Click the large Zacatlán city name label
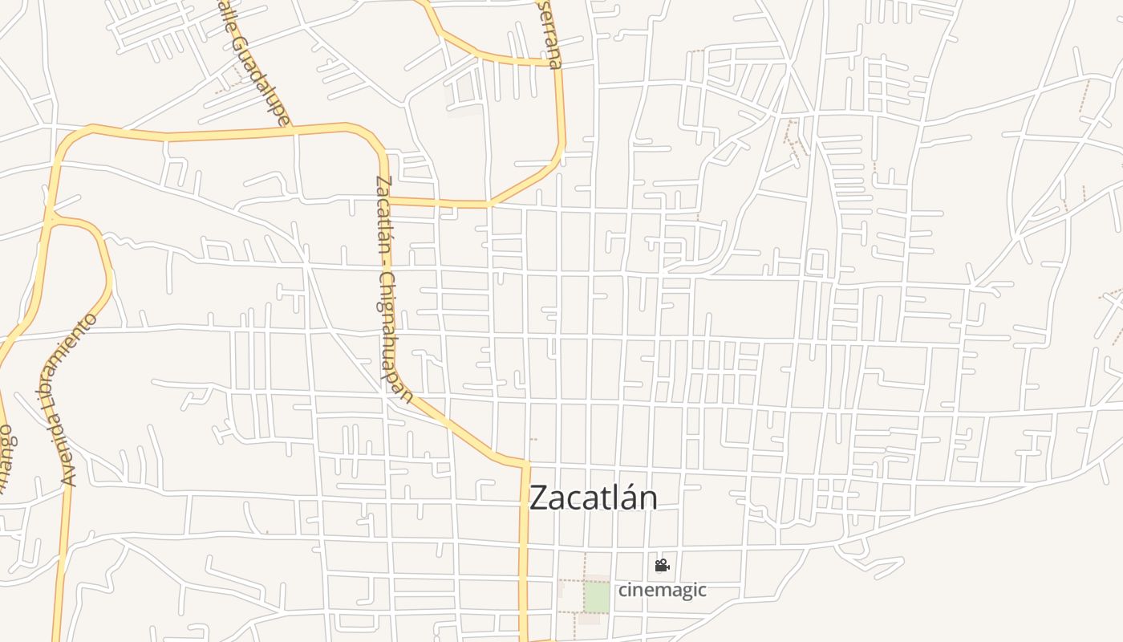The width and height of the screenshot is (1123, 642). click(594, 498)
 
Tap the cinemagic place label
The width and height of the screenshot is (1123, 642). click(662, 590)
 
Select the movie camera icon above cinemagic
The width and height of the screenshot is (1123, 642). click(662, 566)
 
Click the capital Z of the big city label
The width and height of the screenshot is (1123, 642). click(539, 498)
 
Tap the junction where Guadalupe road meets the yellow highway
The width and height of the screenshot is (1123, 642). click(292, 128)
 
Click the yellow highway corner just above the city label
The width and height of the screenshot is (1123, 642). click(526, 465)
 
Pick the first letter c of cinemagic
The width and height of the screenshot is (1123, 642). click(622, 591)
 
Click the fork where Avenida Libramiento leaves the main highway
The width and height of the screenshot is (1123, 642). click(50, 217)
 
